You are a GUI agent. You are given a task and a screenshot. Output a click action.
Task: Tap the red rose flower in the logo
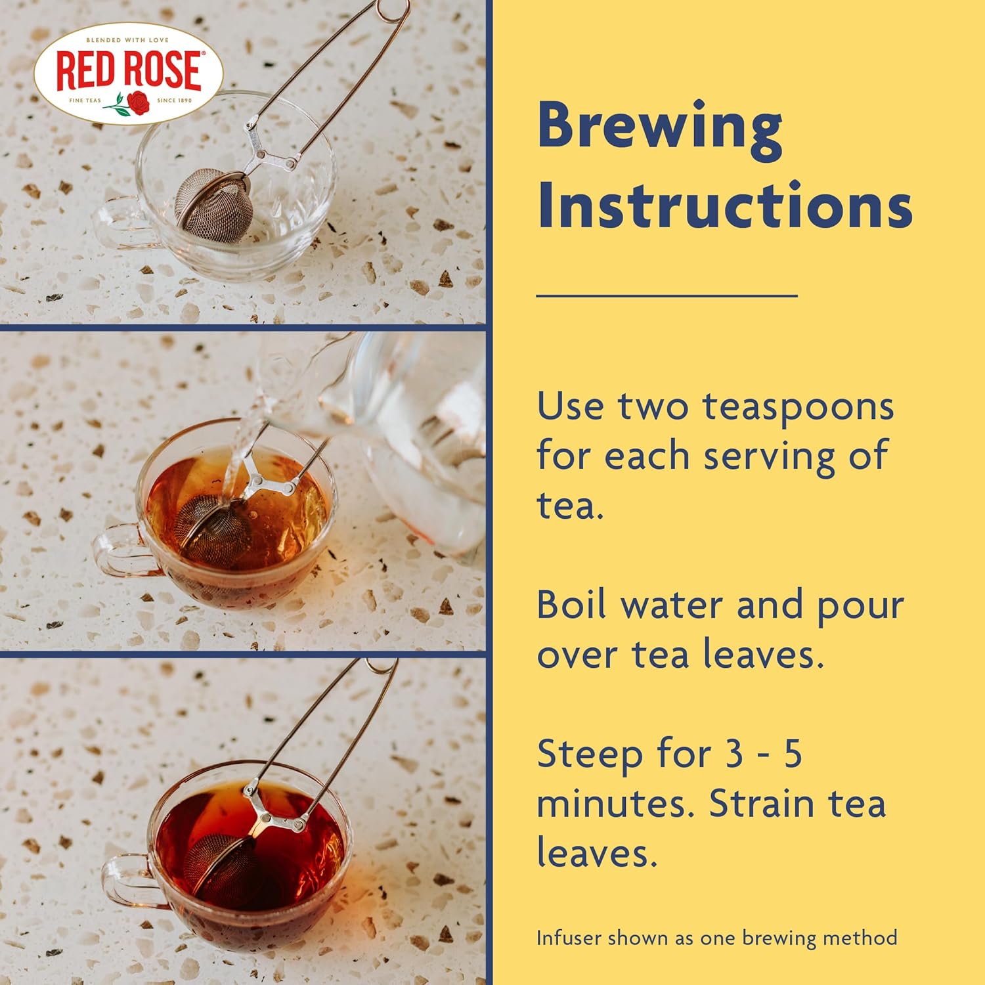point(138,102)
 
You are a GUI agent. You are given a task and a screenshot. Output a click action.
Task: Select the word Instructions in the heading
point(725,206)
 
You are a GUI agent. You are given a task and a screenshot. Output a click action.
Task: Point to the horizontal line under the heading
point(667,296)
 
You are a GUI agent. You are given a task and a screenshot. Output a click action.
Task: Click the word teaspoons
point(798,407)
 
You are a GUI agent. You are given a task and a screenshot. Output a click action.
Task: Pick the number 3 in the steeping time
point(735,753)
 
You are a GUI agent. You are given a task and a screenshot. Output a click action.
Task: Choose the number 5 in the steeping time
point(793,753)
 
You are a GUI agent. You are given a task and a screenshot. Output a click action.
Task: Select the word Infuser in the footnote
point(569,938)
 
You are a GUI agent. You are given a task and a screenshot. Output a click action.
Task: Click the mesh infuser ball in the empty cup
point(213,205)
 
